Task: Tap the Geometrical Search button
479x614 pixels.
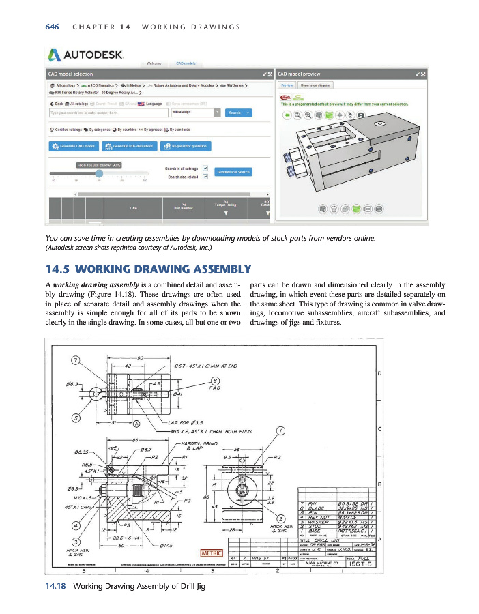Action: click(233, 172)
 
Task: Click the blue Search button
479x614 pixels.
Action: click(234, 113)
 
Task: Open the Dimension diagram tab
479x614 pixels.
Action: click(315, 85)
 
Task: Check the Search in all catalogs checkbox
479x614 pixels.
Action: click(205, 168)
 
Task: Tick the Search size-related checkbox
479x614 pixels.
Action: click(205, 177)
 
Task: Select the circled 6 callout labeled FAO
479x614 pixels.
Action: click(215, 381)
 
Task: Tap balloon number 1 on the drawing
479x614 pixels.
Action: click(280, 430)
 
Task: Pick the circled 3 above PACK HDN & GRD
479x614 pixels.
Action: click(76, 542)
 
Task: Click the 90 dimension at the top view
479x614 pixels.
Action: click(141, 358)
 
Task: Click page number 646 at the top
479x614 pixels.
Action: click(51, 27)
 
